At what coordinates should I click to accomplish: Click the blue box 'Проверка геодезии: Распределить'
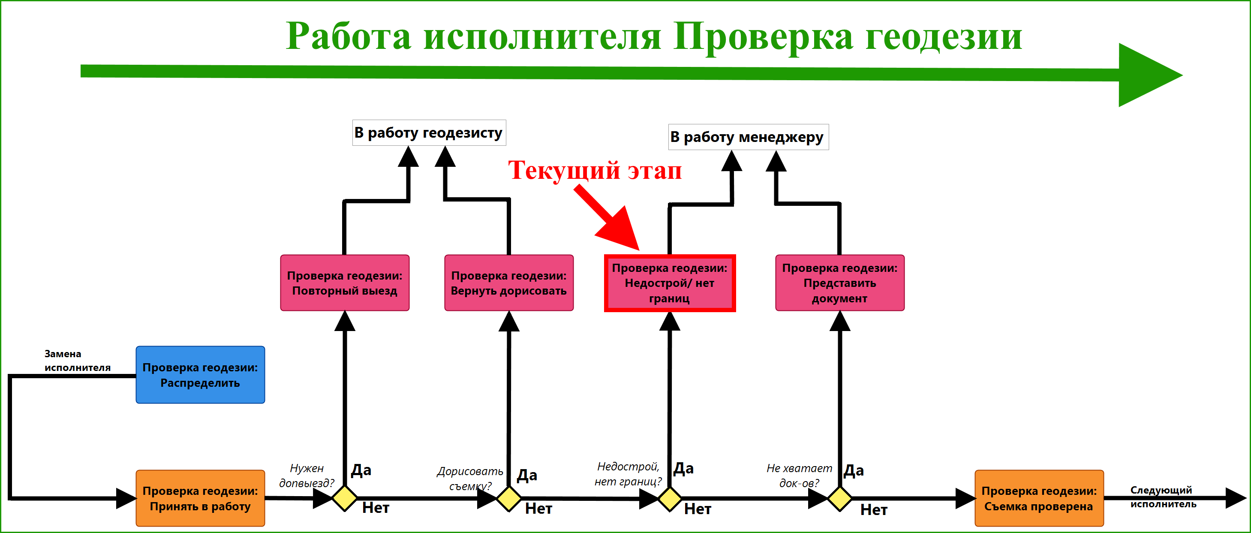coord(200,375)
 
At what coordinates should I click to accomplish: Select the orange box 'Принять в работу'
coord(200,498)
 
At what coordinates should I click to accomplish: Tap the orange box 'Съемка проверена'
coord(1039,498)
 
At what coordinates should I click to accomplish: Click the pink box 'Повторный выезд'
coord(345,283)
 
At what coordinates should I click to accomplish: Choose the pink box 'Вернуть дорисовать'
coord(509,283)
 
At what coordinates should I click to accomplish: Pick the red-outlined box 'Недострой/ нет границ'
coord(670,283)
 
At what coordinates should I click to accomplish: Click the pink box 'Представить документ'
coord(840,283)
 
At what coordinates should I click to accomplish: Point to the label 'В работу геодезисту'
coord(429,132)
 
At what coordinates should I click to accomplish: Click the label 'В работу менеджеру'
coord(749,137)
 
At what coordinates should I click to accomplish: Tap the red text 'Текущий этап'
coord(595,171)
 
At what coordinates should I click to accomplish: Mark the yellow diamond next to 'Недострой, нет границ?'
coord(670,499)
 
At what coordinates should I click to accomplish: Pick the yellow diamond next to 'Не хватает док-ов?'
coord(840,499)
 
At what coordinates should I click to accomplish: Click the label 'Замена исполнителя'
coord(77,361)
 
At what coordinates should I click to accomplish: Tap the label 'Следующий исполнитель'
coord(1163,497)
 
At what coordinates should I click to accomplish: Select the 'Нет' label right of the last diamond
coord(874,510)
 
